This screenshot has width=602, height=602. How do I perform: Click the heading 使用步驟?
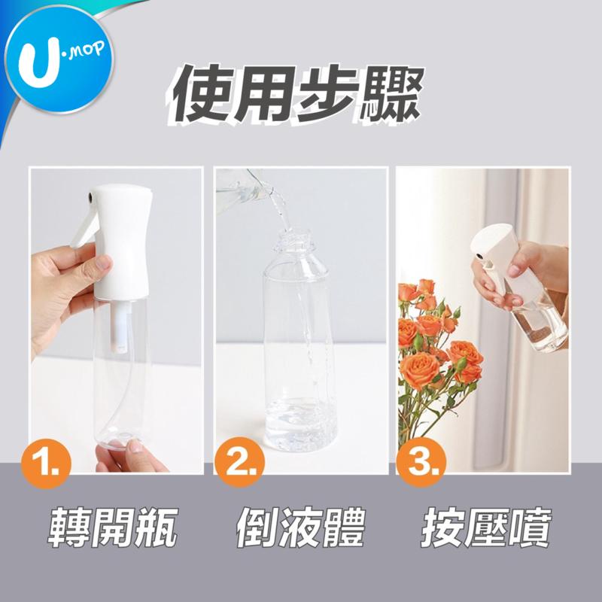tap(296, 95)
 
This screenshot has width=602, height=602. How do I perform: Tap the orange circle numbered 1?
tap(47, 464)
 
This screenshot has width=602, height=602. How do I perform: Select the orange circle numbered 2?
tap(239, 462)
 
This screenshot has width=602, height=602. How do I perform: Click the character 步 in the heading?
tap(324, 95)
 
